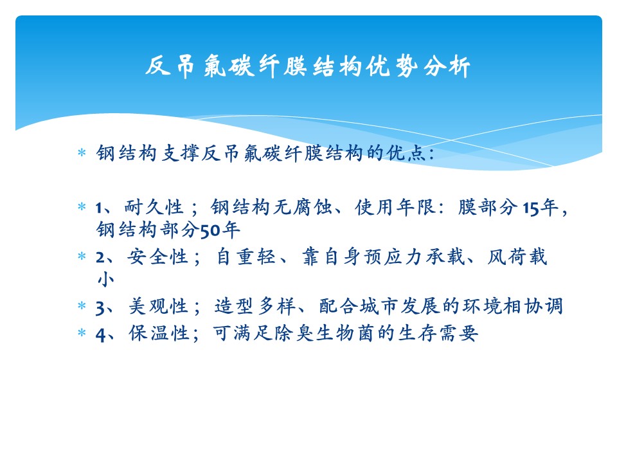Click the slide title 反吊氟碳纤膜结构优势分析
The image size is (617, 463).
pyautogui.click(x=308, y=66)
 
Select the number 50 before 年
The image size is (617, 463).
pyautogui.click(x=210, y=231)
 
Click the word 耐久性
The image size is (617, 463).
pyautogui.click(x=154, y=207)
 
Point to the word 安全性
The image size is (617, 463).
pyautogui.click(x=157, y=257)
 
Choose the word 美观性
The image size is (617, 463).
pyautogui.click(x=158, y=306)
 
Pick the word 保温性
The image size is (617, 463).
pyautogui.click(x=158, y=333)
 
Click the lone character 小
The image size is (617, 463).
pyautogui.click(x=106, y=280)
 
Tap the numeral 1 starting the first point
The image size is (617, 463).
pyautogui.click(x=99, y=208)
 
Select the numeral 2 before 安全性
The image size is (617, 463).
pyautogui.click(x=100, y=258)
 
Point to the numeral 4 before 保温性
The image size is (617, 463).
pyautogui.click(x=100, y=335)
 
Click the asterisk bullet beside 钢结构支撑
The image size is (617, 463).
pyautogui.click(x=82, y=152)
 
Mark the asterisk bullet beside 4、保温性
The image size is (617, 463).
pyautogui.click(x=82, y=332)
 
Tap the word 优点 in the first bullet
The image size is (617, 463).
pyautogui.click(x=406, y=153)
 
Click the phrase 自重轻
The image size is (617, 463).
pyautogui.click(x=246, y=257)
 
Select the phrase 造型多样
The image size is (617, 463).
pyautogui.click(x=255, y=306)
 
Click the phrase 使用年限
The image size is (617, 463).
pyautogui.click(x=395, y=207)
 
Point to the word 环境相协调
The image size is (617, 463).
pyautogui.click(x=512, y=306)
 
